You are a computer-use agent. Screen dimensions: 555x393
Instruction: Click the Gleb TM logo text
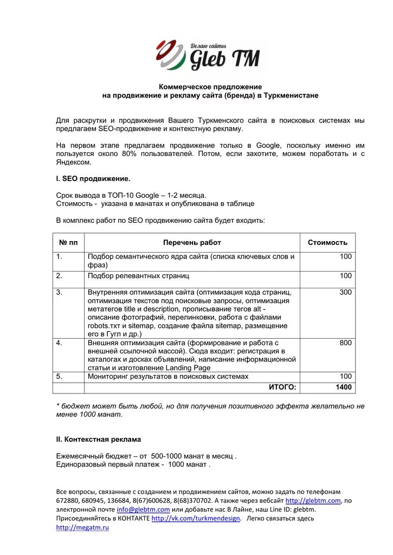(224, 57)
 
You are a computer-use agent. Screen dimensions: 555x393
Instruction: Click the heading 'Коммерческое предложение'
(210, 87)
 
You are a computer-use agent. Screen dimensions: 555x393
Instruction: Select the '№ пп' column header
(68, 243)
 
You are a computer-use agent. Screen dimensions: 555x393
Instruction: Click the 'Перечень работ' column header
(192, 243)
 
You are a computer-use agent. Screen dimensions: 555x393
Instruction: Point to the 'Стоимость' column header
(327, 243)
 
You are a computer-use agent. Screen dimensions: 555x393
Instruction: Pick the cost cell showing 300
(345, 293)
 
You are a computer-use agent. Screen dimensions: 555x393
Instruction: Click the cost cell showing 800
(345, 343)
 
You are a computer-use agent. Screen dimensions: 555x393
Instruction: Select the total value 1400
(343, 388)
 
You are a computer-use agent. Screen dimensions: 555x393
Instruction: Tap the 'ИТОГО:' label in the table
(282, 388)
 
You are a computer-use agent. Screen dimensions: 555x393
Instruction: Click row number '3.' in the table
(60, 293)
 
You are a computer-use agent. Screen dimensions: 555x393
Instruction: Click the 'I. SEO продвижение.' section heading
(93, 178)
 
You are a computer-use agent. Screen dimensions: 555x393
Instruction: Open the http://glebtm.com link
(313, 501)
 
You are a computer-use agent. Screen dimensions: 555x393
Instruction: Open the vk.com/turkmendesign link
(196, 519)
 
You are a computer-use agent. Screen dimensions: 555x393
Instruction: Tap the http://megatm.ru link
(82, 528)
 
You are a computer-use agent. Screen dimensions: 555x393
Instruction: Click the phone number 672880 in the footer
(68, 501)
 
